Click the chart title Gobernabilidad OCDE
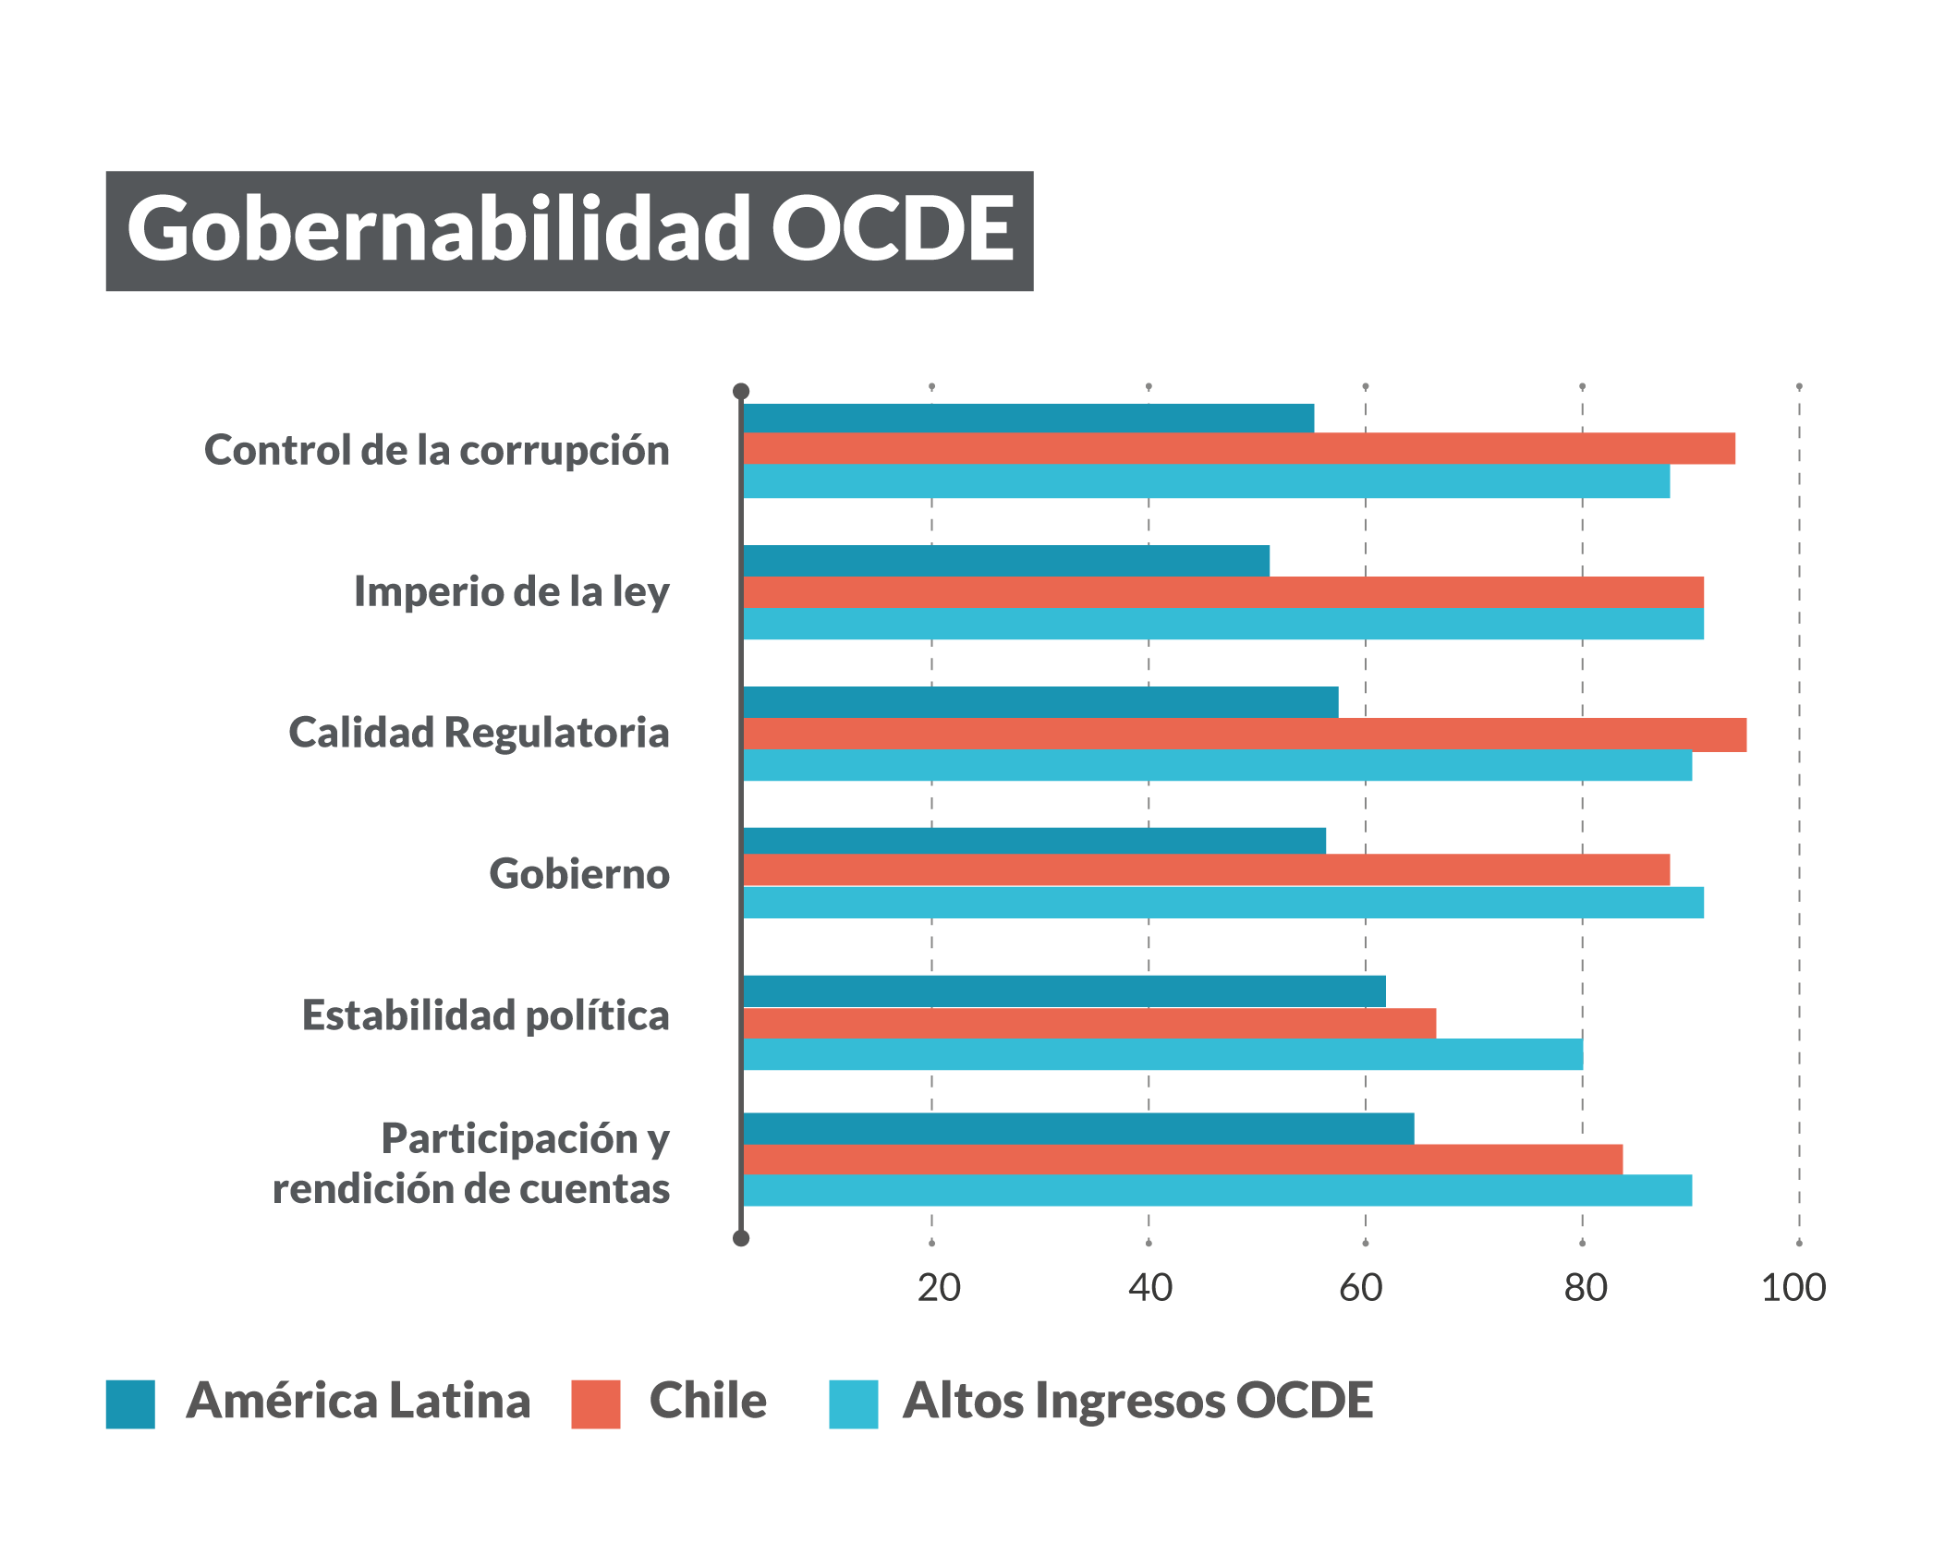569,230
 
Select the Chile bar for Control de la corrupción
1238,448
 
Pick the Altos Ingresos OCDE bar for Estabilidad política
1162,1054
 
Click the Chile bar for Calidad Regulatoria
1244,735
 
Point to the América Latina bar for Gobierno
1034,841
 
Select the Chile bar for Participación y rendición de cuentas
1182,1160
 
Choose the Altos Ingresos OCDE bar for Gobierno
1222,903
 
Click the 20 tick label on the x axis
939,1288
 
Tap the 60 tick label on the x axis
1361,1288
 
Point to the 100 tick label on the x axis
1793,1288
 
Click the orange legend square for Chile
595,1404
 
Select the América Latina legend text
359,1401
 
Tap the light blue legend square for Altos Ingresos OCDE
853,1404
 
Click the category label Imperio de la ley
512,592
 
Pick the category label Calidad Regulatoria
479,733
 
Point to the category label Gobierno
579,874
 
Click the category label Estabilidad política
485,1015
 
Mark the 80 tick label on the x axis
1586,1288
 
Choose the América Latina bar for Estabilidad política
1064,991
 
